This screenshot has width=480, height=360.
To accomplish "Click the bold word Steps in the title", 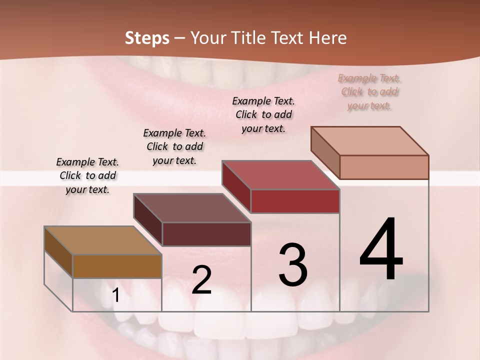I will click(147, 38).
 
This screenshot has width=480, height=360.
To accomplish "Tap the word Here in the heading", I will click(328, 38).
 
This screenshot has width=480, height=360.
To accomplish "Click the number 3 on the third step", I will click(293, 265).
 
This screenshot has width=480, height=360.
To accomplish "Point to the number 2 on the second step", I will click(201, 280).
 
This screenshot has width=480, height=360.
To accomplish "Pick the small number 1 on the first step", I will click(115, 295).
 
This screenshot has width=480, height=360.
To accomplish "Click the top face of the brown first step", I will click(102, 240).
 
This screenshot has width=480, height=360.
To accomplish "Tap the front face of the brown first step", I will click(117, 266).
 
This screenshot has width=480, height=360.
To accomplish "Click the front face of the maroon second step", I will click(206, 234).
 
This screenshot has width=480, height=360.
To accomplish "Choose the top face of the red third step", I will click(280, 175).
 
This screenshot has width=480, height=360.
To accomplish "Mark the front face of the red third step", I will click(295, 201).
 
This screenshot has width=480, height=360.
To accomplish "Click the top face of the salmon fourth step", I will click(369, 140).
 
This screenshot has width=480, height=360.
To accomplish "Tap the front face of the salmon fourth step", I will click(384, 167).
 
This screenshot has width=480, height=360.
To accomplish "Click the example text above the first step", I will click(87, 175).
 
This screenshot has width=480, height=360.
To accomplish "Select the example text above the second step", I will click(174, 146).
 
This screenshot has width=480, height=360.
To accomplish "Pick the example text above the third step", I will click(263, 114).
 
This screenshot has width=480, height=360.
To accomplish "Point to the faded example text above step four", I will click(369, 91).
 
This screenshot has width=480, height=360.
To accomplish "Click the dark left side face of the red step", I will click(236, 186).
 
